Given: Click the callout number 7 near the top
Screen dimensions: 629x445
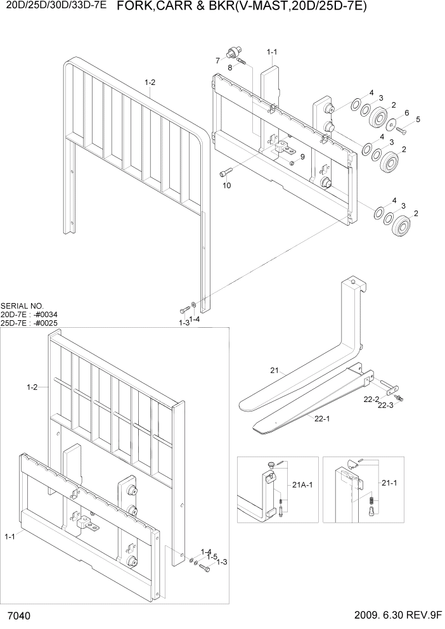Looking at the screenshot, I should (217, 61).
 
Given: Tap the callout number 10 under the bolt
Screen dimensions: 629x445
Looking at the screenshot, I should (226, 186).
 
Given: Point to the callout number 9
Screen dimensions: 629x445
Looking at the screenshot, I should (302, 157).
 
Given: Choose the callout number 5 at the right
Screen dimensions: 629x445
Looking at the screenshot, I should (418, 119).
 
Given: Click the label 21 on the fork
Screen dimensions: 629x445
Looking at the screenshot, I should (274, 370).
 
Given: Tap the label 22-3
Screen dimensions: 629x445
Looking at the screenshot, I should (385, 405).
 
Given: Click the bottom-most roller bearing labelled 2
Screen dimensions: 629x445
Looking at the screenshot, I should (403, 226).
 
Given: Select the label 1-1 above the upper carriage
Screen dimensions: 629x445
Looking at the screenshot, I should (273, 51).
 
